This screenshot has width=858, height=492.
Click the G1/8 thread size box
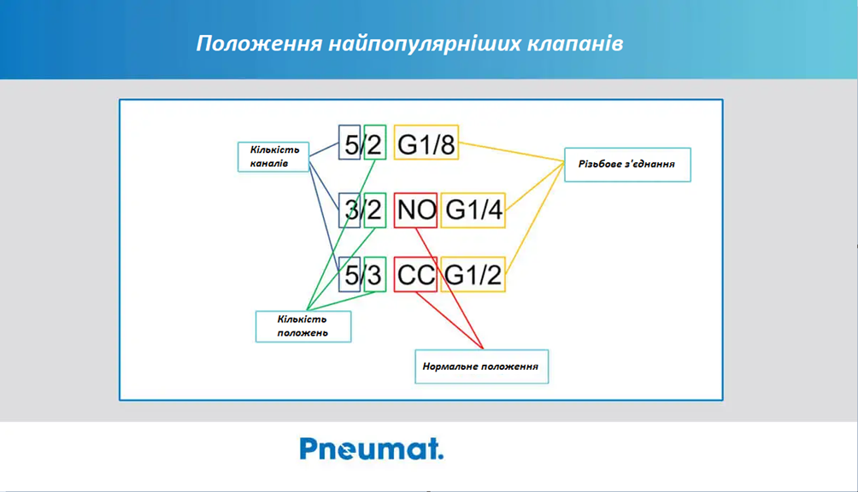pyautogui.click(x=426, y=142)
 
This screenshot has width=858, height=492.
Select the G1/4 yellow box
pyautogui.click(x=473, y=210)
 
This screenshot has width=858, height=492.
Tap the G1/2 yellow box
pyautogui.click(x=473, y=274)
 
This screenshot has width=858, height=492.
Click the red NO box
pyautogui.click(x=415, y=210)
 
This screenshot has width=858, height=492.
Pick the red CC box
pyautogui.click(x=415, y=274)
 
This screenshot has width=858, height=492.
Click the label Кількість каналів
pyautogui.click(x=273, y=157)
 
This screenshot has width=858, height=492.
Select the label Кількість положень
pyautogui.click(x=303, y=326)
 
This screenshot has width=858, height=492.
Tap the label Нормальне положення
pyautogui.click(x=481, y=366)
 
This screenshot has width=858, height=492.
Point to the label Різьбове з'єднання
pyautogui.click(x=627, y=165)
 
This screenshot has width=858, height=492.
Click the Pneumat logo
pyautogui.click(x=372, y=448)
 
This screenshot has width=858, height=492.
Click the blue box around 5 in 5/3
pyautogui.click(x=350, y=274)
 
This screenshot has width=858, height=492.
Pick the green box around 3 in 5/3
pyautogui.click(x=375, y=274)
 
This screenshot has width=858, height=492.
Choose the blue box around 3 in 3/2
pyautogui.click(x=350, y=210)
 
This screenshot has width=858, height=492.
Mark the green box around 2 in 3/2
pyautogui.click(x=375, y=210)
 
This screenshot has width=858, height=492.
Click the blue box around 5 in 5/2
pyautogui.click(x=350, y=142)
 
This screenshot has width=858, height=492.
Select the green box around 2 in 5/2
pyautogui.click(x=375, y=142)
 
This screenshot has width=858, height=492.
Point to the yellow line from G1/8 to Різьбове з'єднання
pyautogui.click(x=512, y=152)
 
